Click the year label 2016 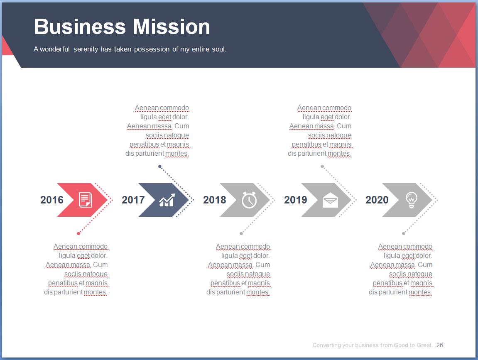point(52,200)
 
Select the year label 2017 point(133,200)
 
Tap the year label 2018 point(215,200)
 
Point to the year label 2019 point(296,200)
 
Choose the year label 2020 point(377,200)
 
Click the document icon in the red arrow point(86,200)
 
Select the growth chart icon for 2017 point(167,200)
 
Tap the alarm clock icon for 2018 point(249,200)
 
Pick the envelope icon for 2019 point(331,201)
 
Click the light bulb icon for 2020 point(411,200)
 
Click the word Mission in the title point(172,27)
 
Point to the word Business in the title point(80,27)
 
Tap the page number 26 point(440,345)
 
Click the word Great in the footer point(424,345)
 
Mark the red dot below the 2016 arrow point(78,233)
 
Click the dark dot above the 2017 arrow point(160,167)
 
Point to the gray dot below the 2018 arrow point(241,233)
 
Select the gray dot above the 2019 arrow point(322,167)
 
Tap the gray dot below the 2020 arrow point(404,233)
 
